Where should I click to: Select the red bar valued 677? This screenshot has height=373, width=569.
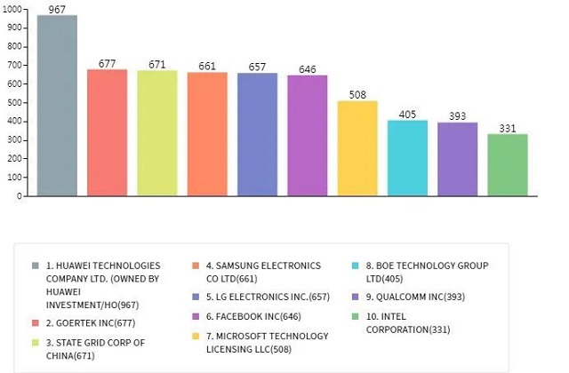(x=107, y=132)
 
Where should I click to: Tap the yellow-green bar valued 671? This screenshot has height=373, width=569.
(x=156, y=133)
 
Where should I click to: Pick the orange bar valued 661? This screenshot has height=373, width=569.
(x=207, y=134)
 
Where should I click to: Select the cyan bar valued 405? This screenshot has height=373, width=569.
(x=407, y=158)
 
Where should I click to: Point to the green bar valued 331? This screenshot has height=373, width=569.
(x=508, y=165)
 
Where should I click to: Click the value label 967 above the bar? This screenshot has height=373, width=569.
(x=57, y=9)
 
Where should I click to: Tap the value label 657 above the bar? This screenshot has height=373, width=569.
(x=257, y=67)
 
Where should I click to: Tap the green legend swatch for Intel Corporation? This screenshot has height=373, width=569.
(x=355, y=317)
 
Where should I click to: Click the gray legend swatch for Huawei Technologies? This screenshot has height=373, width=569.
(x=35, y=266)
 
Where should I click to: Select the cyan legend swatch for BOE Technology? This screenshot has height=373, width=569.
(x=355, y=266)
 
